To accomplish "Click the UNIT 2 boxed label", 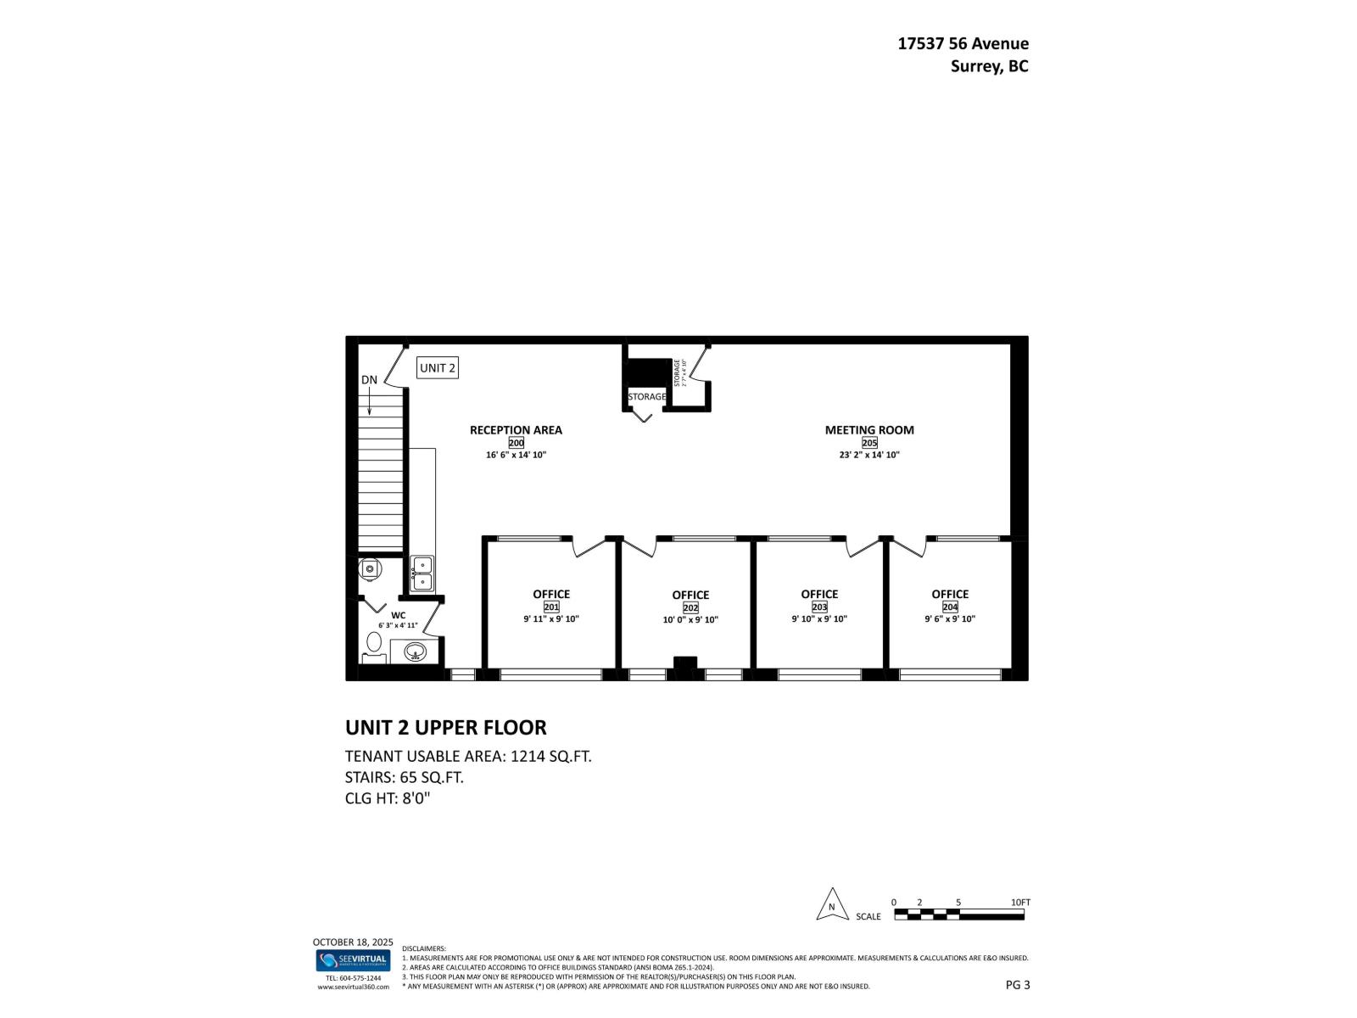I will click(438, 367).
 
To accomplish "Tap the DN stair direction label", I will click(369, 380).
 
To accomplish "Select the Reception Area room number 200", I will click(516, 443).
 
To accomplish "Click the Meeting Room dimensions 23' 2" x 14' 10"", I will click(869, 455).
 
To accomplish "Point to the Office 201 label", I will click(551, 594).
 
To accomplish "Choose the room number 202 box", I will click(690, 607).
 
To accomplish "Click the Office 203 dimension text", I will click(819, 618).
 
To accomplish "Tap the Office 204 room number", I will click(950, 607).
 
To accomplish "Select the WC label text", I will click(398, 615).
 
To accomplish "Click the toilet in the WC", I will click(373, 646).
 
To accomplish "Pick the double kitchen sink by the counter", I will click(422, 573).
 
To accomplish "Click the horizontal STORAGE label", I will click(646, 396).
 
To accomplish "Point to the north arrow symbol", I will click(832, 905).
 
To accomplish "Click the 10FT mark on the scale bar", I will click(1020, 903).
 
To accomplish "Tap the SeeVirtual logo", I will click(353, 960).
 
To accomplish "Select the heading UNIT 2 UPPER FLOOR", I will click(445, 727).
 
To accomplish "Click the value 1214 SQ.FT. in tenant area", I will click(550, 756).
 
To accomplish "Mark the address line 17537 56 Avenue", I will click(963, 43).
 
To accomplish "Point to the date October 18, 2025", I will click(353, 942).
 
